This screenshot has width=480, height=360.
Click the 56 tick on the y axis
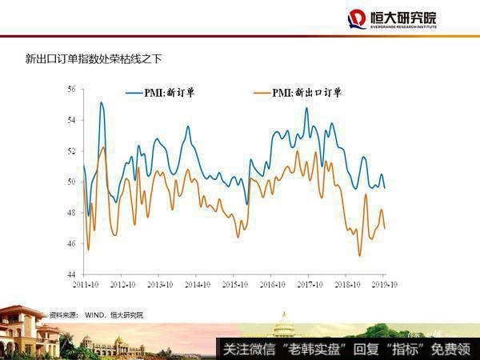pos(71,89)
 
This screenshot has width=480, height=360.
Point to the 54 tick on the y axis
pos(71,120)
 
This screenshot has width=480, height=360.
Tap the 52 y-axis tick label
pos(71,151)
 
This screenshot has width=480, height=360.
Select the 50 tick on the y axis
pos(71,182)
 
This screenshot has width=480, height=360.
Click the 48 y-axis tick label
pos(71,213)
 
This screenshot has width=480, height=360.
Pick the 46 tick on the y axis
pos(71,244)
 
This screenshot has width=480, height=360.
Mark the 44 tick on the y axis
pos(71,274)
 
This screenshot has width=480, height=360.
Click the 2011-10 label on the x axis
pos(83,284)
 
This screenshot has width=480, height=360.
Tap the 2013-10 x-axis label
pos(158,284)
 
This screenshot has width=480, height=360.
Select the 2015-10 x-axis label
pos(234,284)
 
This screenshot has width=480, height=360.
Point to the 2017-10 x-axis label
pos(309,284)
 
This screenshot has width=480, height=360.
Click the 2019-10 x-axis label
pos(384,284)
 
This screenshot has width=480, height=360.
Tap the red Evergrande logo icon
pos(357,19)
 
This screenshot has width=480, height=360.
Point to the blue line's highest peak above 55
pos(102,102)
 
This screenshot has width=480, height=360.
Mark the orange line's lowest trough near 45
pos(360,255)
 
